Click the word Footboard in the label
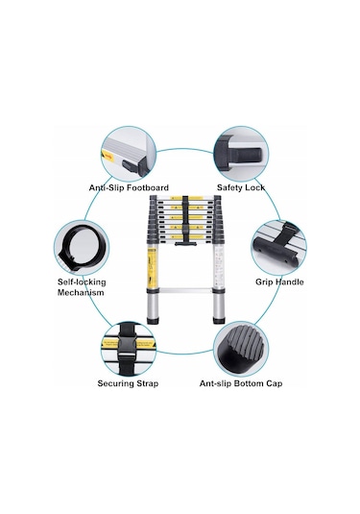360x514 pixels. pyautogui.click(x=148, y=188)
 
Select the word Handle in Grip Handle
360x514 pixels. pyautogui.click(x=289, y=281)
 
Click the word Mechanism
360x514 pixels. pyautogui.click(x=81, y=292)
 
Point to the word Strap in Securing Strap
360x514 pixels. pyautogui.click(x=146, y=383)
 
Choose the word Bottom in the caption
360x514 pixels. pyautogui.click(x=252, y=383)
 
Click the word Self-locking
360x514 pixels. pyautogui.click(x=82, y=281)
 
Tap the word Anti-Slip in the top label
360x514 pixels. pyautogui.click(x=107, y=188)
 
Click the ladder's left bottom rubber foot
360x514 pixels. pyautogui.click(x=153, y=320)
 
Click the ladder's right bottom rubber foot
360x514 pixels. pyautogui.click(x=219, y=320)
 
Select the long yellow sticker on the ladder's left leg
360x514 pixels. pyautogui.click(x=152, y=268)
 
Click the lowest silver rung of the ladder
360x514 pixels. pyautogui.click(x=185, y=290)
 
